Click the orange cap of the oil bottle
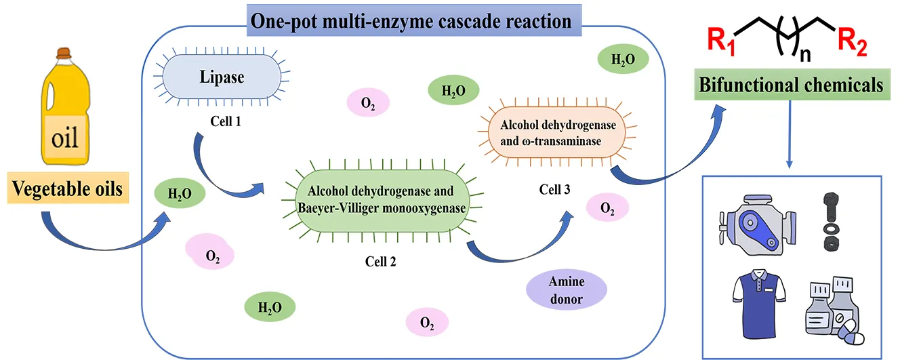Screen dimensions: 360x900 64,52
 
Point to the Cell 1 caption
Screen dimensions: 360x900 226,123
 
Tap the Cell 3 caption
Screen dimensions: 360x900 554,190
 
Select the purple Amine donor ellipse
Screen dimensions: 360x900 567,290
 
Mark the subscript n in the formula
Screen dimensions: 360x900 805,55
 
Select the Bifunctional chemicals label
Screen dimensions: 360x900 792,86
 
